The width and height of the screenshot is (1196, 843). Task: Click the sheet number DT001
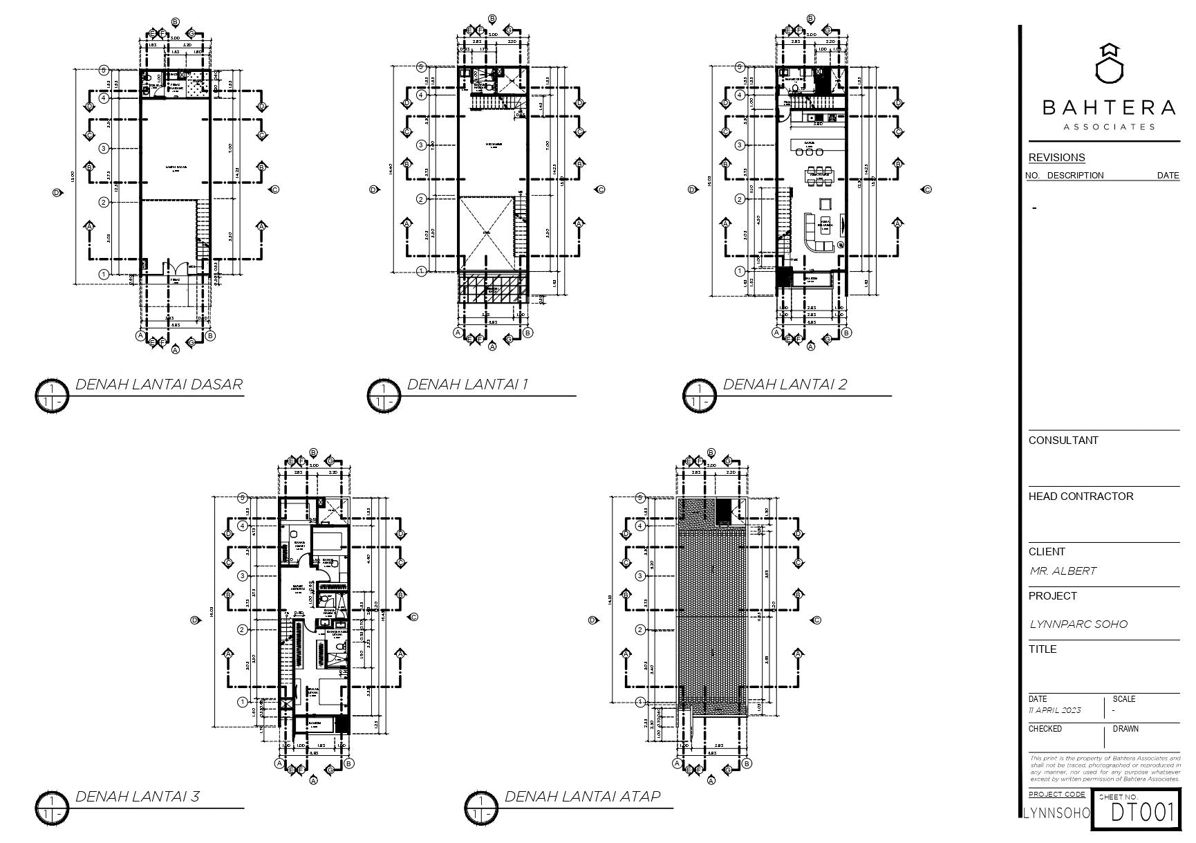(x=1142, y=813)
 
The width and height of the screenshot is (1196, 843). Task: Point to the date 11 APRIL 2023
(x=1054, y=710)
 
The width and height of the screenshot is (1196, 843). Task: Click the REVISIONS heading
(x=1056, y=158)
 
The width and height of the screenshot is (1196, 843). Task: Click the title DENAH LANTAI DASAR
(x=158, y=385)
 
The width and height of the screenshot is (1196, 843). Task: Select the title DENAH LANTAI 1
(x=467, y=385)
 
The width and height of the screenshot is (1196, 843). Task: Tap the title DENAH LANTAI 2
(x=784, y=385)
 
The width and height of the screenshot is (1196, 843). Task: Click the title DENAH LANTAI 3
(x=137, y=797)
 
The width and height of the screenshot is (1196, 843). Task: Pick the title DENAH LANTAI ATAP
(x=582, y=797)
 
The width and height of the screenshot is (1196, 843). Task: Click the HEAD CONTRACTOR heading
(x=1081, y=497)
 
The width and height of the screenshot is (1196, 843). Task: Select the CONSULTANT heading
(x=1063, y=441)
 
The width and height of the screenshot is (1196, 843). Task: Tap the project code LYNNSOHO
(x=1056, y=813)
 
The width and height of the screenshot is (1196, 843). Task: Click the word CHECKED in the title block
(x=1045, y=729)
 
